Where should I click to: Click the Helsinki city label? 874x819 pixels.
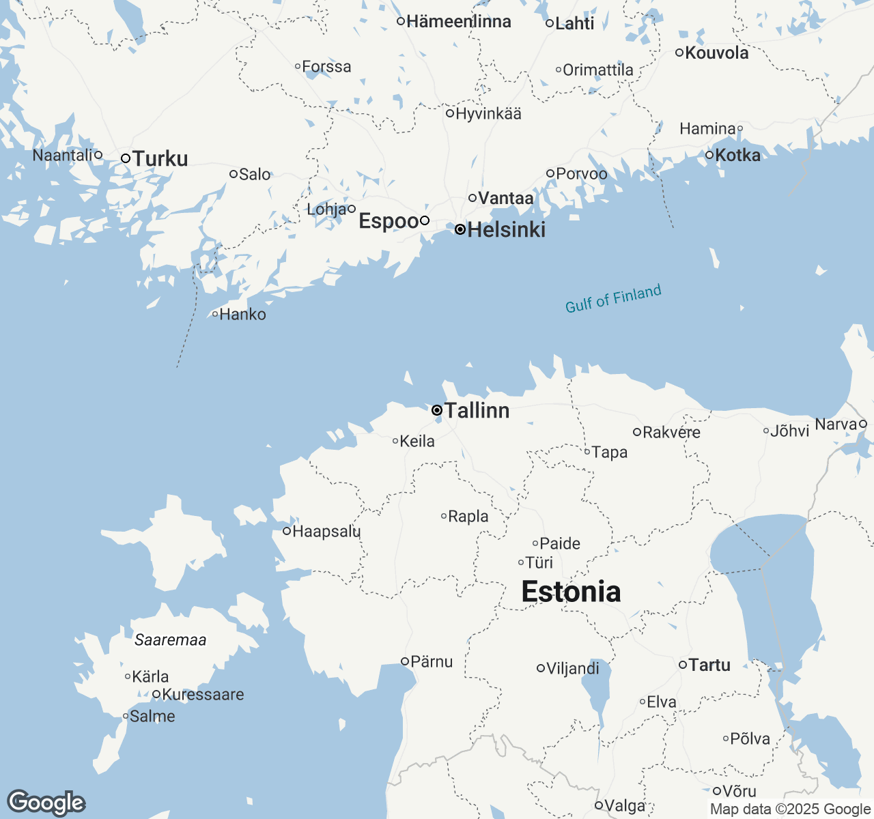pyautogui.click(x=506, y=230)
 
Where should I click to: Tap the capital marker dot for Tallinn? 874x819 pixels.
pyautogui.click(x=437, y=410)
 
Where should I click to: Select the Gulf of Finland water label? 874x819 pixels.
pyautogui.click(x=613, y=299)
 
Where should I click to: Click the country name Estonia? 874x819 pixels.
pyautogui.click(x=571, y=592)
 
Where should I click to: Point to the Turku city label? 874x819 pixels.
pyautogui.click(x=160, y=159)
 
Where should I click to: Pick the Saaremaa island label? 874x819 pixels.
pyautogui.click(x=170, y=640)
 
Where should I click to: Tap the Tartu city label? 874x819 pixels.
pyautogui.click(x=709, y=665)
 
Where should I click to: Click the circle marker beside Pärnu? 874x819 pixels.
pyautogui.click(x=405, y=661)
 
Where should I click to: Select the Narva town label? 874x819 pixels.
pyautogui.click(x=836, y=425)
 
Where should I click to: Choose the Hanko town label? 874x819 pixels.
pyautogui.click(x=242, y=315)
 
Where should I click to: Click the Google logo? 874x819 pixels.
pyautogui.click(x=46, y=803)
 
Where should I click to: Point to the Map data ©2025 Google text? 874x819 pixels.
pyautogui.click(x=791, y=809)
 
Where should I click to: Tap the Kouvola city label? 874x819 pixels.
pyautogui.click(x=716, y=53)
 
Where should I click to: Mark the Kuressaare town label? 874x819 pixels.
pyautogui.click(x=203, y=695)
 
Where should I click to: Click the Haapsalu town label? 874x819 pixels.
pyautogui.click(x=326, y=532)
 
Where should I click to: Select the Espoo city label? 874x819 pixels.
pyautogui.click(x=389, y=221)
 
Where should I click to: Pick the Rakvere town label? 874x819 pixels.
pyautogui.click(x=671, y=432)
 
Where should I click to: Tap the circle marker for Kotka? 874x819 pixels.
pyautogui.click(x=709, y=156)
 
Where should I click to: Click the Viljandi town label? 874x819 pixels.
pyautogui.click(x=572, y=669)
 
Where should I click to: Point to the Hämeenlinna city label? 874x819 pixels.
pyautogui.click(x=458, y=22)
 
